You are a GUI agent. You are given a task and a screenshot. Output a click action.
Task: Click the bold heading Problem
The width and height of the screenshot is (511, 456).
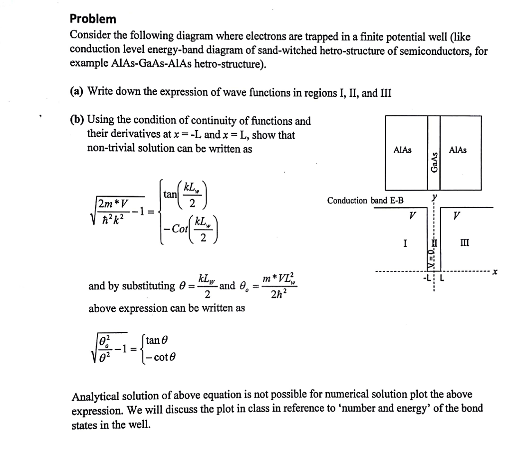[93, 19]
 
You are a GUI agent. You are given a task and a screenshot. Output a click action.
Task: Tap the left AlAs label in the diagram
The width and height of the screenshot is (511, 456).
[403, 150]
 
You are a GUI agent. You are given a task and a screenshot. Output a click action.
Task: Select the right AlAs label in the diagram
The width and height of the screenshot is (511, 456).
[458, 150]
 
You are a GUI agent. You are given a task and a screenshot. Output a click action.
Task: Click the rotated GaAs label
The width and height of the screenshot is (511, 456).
[434, 163]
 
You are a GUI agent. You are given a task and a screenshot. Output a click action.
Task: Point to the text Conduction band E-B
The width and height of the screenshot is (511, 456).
[366, 201]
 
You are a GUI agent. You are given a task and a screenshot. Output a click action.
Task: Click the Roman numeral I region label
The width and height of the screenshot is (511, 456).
[405, 244]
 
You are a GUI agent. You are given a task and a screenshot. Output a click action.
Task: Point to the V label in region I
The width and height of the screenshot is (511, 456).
[411, 217]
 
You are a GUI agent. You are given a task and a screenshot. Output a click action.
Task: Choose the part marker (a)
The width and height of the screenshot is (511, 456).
[77, 92]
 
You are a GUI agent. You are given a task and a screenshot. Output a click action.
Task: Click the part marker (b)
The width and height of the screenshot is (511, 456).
[77, 121]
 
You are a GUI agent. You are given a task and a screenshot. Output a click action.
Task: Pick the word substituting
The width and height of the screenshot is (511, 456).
[147, 286]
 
